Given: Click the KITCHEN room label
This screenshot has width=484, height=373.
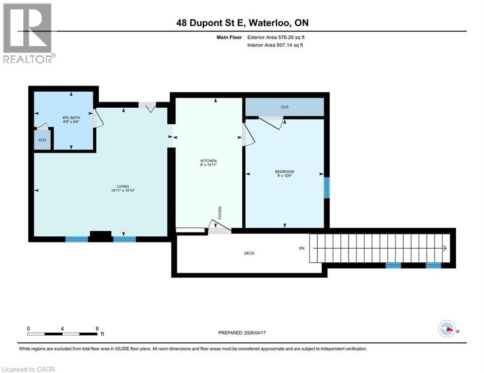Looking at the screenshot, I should click(x=208, y=161).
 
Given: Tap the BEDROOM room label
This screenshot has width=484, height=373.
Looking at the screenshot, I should click(x=285, y=171).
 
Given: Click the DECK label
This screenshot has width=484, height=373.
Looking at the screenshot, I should click(x=249, y=253).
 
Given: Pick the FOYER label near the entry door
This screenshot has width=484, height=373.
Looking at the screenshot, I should click(x=220, y=213).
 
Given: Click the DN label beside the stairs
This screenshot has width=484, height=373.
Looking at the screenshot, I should click(x=302, y=248).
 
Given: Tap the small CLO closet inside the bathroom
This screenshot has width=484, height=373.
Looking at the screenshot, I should click(x=42, y=140).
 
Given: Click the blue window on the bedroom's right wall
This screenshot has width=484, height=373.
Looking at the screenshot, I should click(x=327, y=187).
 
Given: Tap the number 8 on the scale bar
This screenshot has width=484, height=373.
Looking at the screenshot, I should click(x=97, y=328).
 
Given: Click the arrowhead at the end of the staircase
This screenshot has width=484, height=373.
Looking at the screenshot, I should click(x=445, y=248).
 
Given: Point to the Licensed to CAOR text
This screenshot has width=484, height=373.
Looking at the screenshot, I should click(x=28, y=369).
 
